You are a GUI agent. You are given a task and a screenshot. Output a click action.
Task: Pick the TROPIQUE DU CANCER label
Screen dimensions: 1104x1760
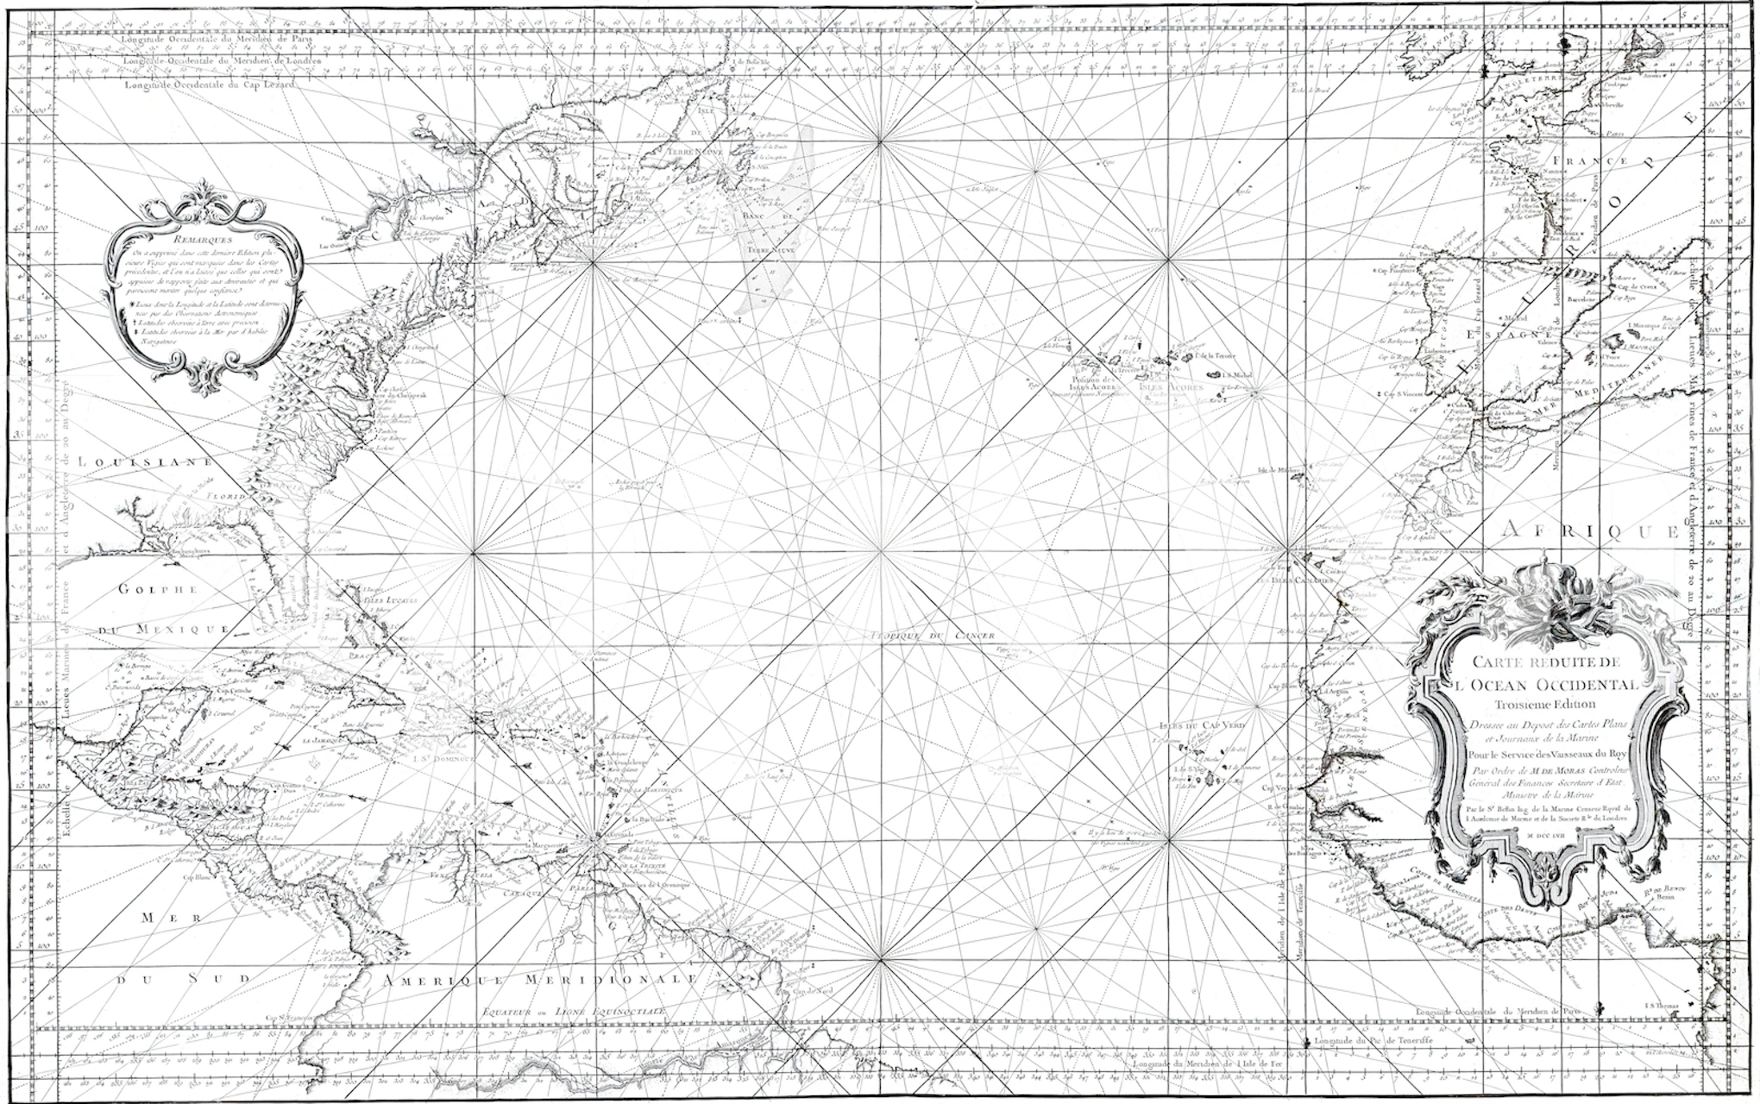pyautogui.click(x=933, y=636)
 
